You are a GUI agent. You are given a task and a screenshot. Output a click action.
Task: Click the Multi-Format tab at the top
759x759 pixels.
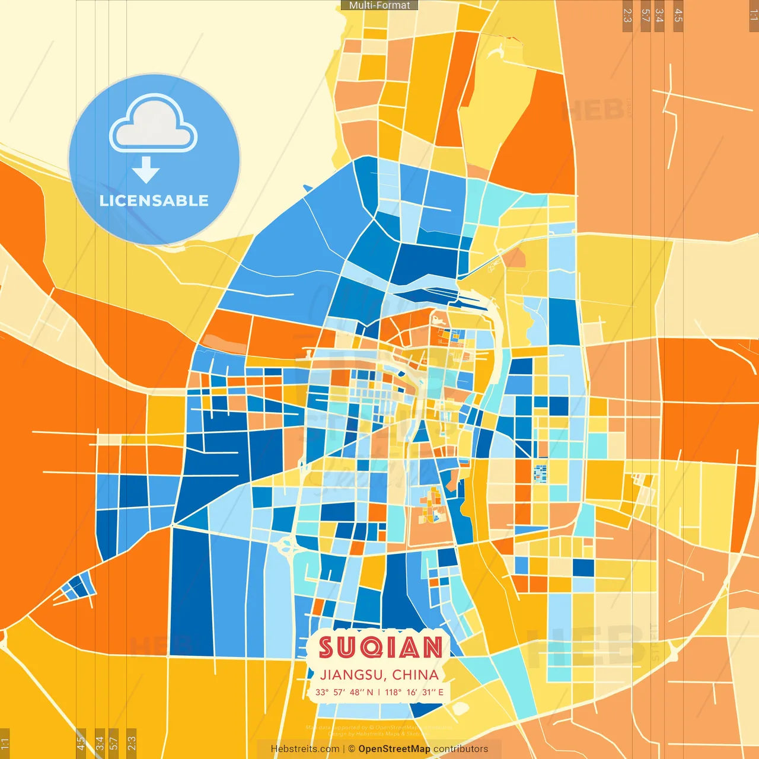pos(379,5)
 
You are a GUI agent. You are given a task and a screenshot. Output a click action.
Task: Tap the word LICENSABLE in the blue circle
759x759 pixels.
pos(154,200)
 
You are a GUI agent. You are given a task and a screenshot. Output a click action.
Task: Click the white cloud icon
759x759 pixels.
pos(154,123)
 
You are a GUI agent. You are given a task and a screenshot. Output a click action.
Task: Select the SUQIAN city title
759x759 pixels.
pos(380,648)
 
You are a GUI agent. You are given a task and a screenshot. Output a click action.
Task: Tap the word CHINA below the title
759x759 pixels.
pos(415,675)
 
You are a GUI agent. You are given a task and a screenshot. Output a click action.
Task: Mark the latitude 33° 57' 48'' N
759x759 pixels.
pos(344,692)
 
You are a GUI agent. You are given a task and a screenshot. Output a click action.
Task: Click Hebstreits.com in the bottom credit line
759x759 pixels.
pos(305,749)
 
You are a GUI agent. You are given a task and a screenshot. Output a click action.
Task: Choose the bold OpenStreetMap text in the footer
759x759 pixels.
pos(394,749)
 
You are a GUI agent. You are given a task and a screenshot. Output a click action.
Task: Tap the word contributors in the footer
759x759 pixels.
pos(461,749)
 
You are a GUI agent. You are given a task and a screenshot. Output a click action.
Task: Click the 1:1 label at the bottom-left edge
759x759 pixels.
pos(5,743)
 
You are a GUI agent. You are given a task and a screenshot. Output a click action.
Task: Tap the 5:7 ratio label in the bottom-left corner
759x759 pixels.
pos(114,743)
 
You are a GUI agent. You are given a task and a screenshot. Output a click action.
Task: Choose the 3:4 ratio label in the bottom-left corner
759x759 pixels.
pos(99,743)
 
